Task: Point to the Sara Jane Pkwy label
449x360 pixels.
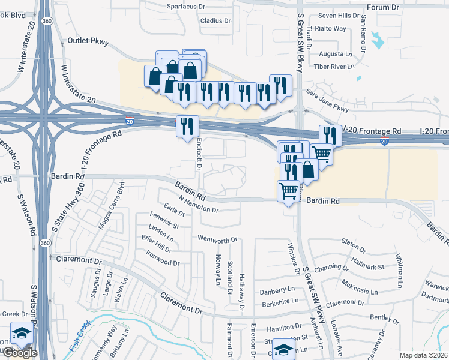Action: (327, 101)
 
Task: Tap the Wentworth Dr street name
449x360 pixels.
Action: (217, 240)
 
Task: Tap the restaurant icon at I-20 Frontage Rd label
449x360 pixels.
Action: (330, 135)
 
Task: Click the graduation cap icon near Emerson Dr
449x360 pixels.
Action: (283, 349)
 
